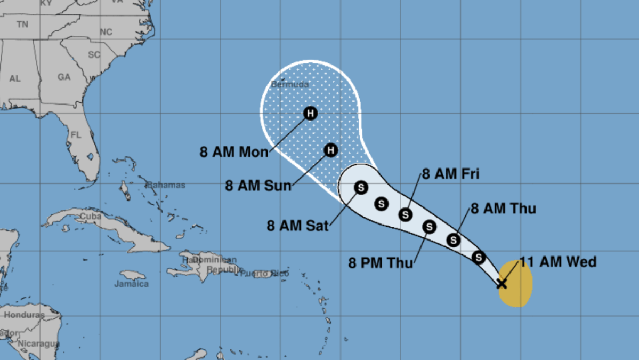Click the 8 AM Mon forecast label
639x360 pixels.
[234, 151]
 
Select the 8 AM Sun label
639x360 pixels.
[258, 186]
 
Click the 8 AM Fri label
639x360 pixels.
[451, 174]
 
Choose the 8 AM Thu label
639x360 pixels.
[503, 209]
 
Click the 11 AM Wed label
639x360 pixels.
[557, 262]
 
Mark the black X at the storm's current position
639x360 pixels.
[502, 283]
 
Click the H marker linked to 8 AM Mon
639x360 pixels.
[310, 114]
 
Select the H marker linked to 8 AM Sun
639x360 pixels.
[331, 150]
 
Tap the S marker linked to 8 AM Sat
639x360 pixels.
[361, 188]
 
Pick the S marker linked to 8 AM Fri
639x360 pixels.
[406, 214]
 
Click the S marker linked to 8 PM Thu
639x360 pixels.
[429, 227]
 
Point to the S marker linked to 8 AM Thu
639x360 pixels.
[454, 240]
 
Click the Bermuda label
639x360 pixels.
[289, 84]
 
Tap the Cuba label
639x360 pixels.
[90, 217]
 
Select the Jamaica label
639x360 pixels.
[131, 284]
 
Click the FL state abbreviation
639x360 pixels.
[76, 135]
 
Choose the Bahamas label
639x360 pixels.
[166, 185]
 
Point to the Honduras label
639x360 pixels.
[25, 315]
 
